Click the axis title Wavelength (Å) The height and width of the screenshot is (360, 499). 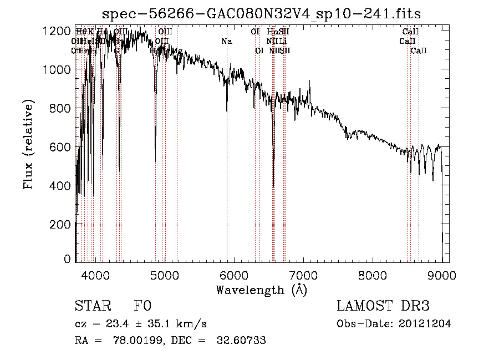261,290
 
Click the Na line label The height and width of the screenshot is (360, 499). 226,41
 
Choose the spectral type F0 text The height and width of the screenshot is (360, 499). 142,306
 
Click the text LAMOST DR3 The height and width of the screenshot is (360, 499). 383,306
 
